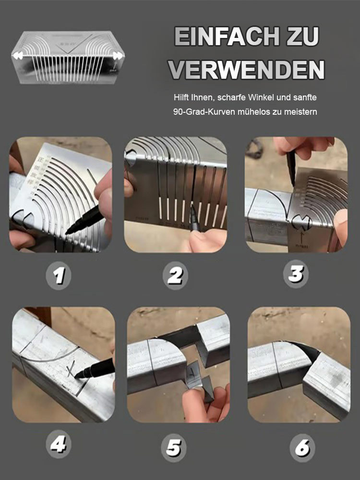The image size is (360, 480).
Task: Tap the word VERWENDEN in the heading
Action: tap(246, 70)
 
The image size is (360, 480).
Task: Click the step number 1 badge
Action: tap(59, 276)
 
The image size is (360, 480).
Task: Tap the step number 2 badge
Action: tap(175, 276)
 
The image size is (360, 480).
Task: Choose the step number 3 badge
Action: tap(296, 274)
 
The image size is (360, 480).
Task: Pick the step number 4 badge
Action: tap(59, 444)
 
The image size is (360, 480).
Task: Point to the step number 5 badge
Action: tap(174, 448)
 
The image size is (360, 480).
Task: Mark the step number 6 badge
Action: tap(302, 448)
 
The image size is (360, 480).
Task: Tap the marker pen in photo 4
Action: tap(94, 369)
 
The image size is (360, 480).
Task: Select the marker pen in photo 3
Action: tap(291, 168)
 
